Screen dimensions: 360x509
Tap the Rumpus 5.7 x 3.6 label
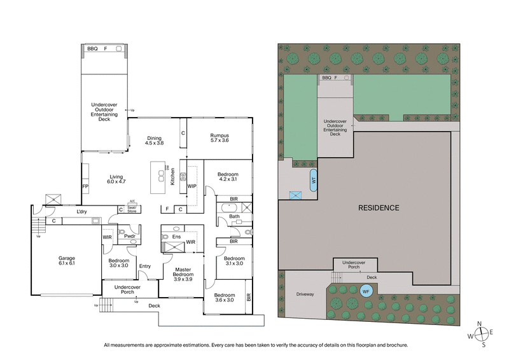pyautogui.click(x=220, y=139)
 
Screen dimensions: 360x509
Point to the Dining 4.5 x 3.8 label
pyautogui.click(x=153, y=141)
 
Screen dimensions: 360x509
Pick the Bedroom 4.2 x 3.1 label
pyautogui.click(x=228, y=177)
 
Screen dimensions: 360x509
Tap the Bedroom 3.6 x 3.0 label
pyautogui.click(x=224, y=298)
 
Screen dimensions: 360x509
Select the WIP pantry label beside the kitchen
pyautogui.click(x=192, y=186)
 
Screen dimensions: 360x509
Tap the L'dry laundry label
pyautogui.click(x=81, y=211)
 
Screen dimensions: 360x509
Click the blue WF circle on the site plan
pyautogui.click(x=365, y=292)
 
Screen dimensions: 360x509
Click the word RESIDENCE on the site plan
pyautogui.click(x=378, y=207)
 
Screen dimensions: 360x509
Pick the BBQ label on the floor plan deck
pyautogui.click(x=92, y=48)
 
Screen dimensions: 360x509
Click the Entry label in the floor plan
pyautogui.click(x=145, y=266)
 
